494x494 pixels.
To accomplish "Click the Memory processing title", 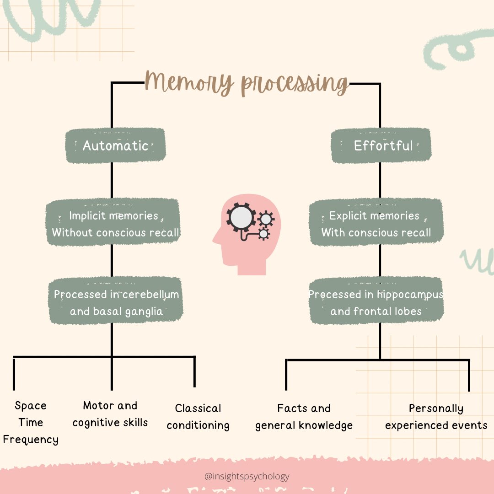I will pyautogui.click(x=246, y=83).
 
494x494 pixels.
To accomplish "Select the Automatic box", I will pyautogui.click(x=115, y=146).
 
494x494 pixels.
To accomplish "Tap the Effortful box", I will pyautogui.click(x=381, y=146).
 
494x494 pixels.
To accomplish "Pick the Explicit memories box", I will pyautogui.click(x=376, y=224).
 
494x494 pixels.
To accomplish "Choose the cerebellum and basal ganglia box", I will pyautogui.click(x=116, y=302).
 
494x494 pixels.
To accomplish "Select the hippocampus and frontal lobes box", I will pyautogui.click(x=376, y=302).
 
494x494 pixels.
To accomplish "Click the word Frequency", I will pyautogui.click(x=31, y=440).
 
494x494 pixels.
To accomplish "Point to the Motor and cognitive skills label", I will pyautogui.click(x=110, y=414).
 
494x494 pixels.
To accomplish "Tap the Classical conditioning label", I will pyautogui.click(x=198, y=417).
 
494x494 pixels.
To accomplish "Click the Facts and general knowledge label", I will pyautogui.click(x=304, y=417).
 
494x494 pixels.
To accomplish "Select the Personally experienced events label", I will pyautogui.click(x=436, y=417).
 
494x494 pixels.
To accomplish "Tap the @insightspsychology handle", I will pyautogui.click(x=247, y=476).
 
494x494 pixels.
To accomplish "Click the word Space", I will pyautogui.click(x=31, y=406).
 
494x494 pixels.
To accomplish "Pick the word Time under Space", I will pyautogui.click(x=31, y=422).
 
